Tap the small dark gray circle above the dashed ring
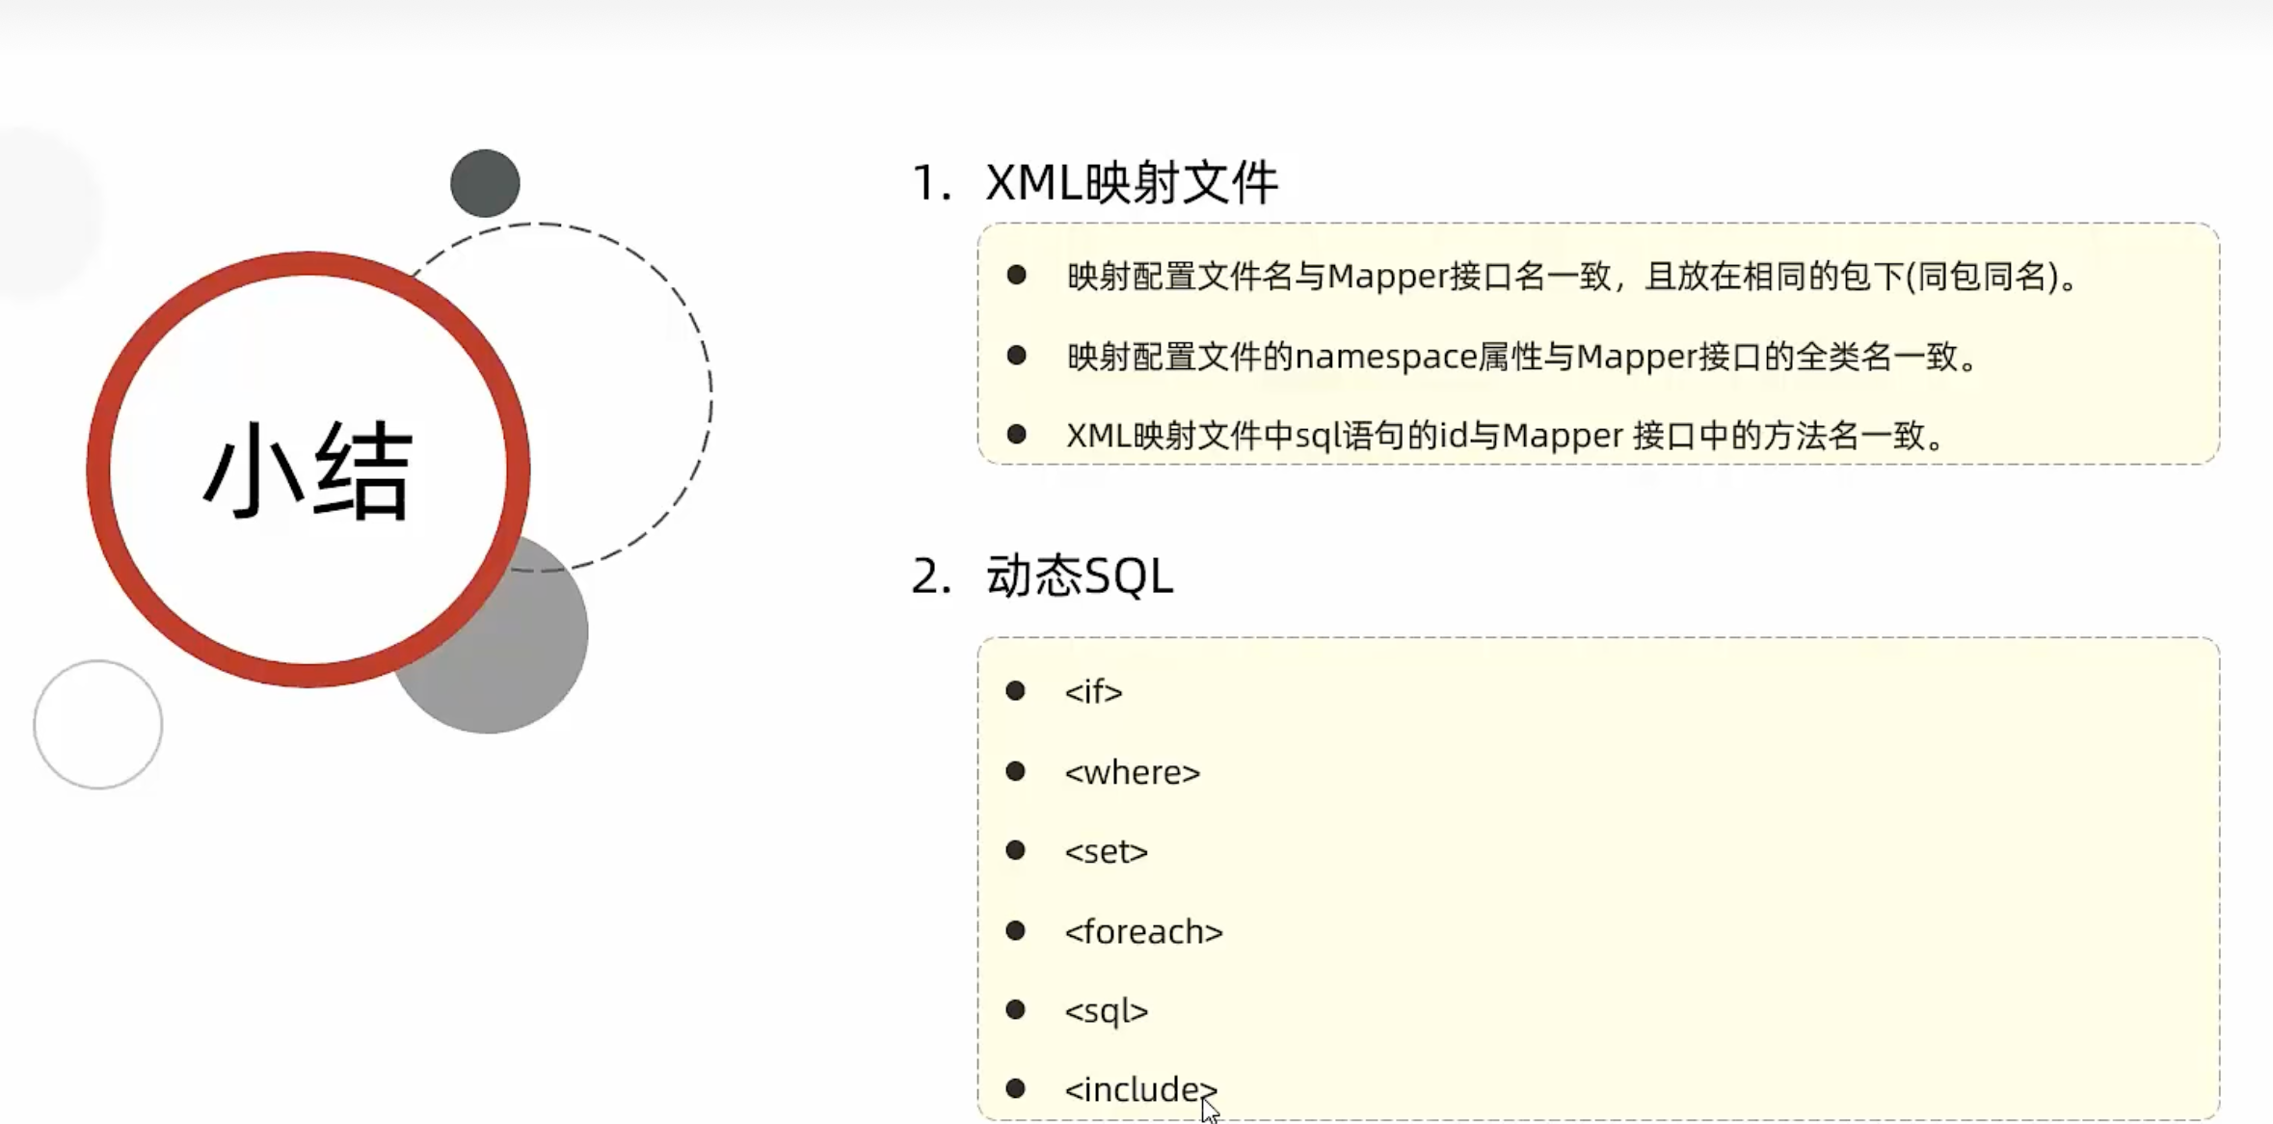click(x=485, y=183)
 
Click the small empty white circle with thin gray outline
click(x=98, y=725)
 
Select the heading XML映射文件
click(x=1132, y=182)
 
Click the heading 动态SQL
click(x=1080, y=576)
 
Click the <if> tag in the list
click(x=1093, y=692)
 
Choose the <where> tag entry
click(x=1132, y=772)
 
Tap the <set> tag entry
click(x=1106, y=852)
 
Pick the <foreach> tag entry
click(x=1143, y=932)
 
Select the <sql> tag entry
click(x=1106, y=1011)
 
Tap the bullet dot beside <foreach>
click(x=1015, y=930)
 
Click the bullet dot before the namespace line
click(x=1016, y=356)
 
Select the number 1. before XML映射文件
click(x=930, y=183)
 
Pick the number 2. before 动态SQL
click(x=930, y=576)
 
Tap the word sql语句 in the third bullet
click(x=1349, y=436)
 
